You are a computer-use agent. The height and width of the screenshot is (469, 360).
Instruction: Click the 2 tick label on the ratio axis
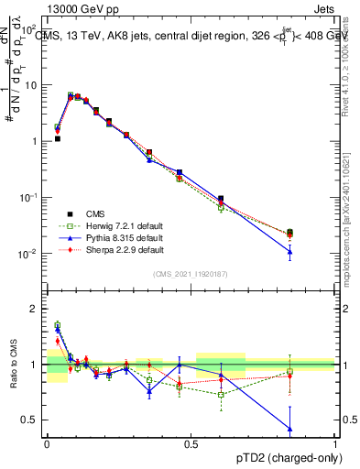click(38, 309)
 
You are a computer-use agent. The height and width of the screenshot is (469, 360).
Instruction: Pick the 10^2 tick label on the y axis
click(30, 28)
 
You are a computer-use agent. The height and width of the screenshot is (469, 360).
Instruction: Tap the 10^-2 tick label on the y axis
click(30, 254)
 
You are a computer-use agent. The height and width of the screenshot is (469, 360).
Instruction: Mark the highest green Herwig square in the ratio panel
click(58, 324)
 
